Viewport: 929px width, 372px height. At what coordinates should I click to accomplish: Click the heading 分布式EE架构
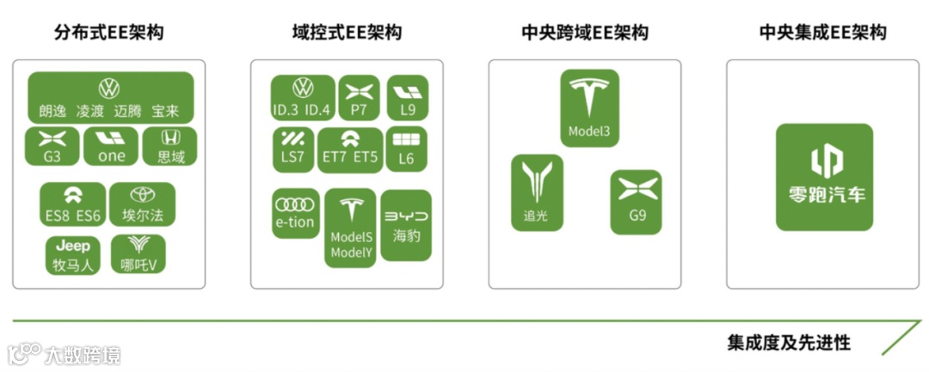pyautogui.click(x=108, y=34)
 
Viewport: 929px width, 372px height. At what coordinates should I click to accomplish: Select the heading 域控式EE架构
pyautogui.click(x=347, y=34)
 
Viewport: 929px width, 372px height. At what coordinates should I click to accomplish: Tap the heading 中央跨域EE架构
pyautogui.click(x=585, y=34)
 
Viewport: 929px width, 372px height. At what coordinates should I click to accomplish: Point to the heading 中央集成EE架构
pyautogui.click(x=823, y=34)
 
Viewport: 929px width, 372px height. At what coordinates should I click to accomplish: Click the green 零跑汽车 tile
pyautogui.click(x=824, y=177)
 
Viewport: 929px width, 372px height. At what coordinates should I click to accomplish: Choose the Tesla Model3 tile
pyautogui.click(x=589, y=107)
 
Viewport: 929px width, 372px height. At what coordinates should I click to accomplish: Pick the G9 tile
pyautogui.click(x=637, y=202)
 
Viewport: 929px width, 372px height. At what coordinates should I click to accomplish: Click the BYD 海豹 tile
pyautogui.click(x=406, y=224)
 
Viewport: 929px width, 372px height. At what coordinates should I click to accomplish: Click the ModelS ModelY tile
pyautogui.click(x=350, y=228)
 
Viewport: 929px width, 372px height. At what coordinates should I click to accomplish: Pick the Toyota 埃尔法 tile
pyautogui.click(x=141, y=204)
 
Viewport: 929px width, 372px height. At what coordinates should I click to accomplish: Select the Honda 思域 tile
pyautogui.click(x=170, y=146)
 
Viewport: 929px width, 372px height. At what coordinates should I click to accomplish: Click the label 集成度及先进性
pyautogui.click(x=789, y=344)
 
